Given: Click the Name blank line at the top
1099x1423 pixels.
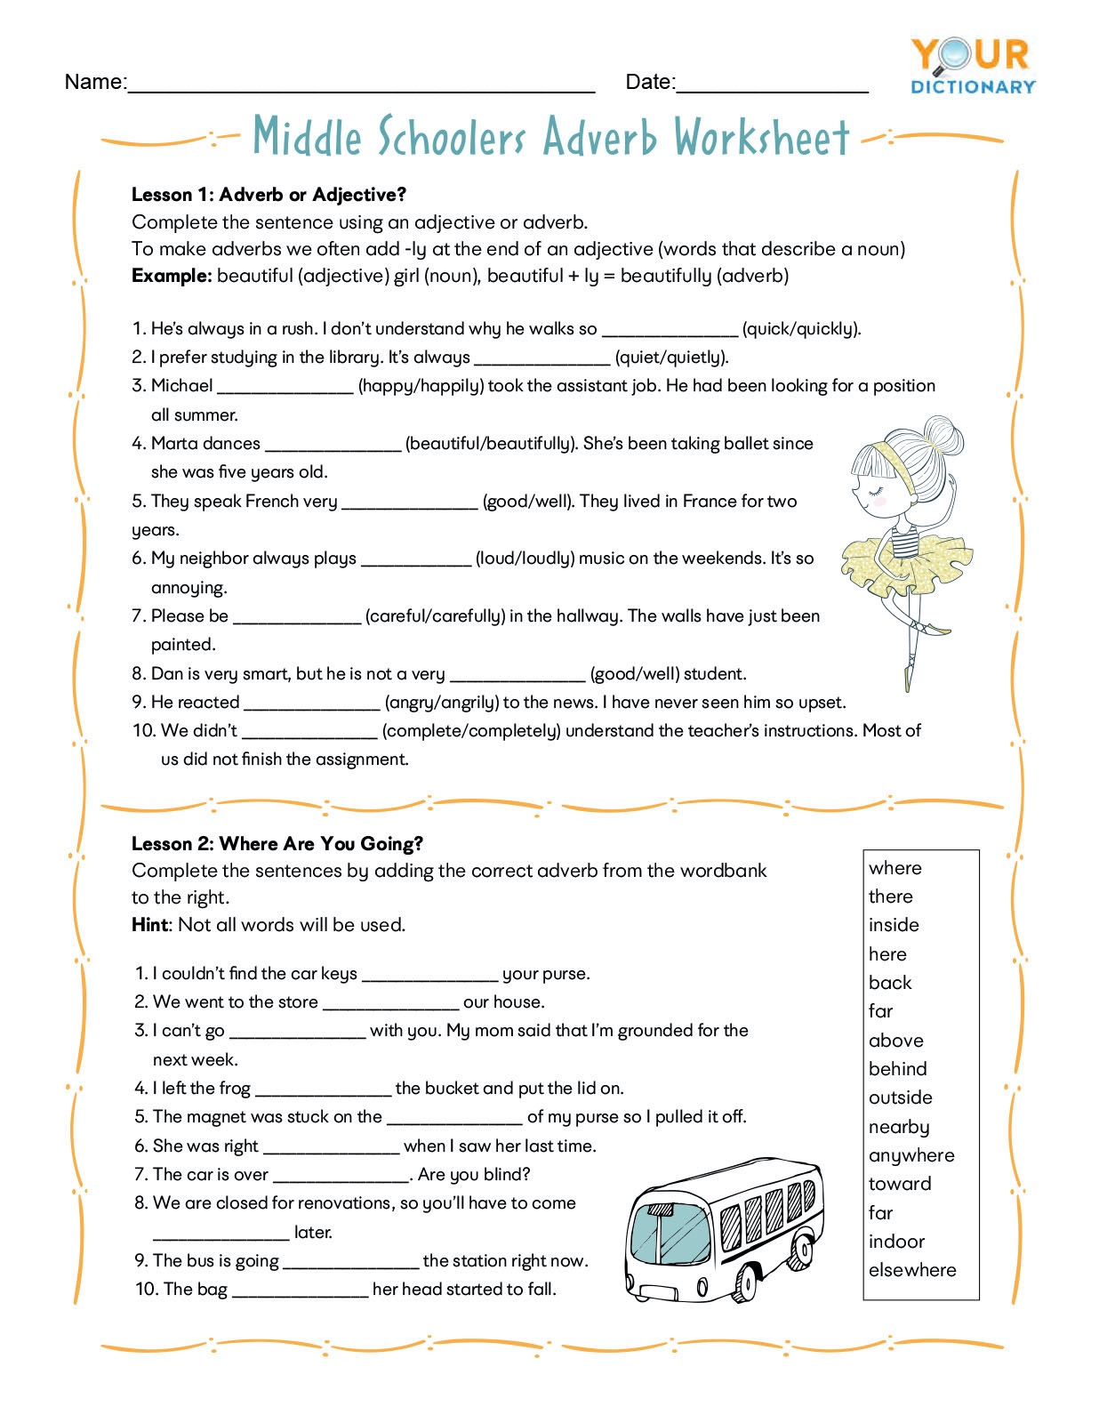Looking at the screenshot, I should (361, 89).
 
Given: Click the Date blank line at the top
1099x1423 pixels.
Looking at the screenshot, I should (772, 89).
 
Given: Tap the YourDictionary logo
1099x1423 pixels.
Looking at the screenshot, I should (973, 66).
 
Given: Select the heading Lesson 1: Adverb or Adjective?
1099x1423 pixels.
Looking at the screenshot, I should (269, 195).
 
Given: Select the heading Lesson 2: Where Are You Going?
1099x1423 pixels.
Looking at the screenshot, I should (277, 843).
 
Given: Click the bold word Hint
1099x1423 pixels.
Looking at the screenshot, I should (149, 925).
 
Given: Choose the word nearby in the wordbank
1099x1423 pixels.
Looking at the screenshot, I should (899, 1127).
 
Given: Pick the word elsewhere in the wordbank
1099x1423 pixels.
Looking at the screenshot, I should (912, 1270).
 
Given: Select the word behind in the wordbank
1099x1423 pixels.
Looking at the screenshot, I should (897, 1069).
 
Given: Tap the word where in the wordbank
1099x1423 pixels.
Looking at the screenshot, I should (895, 868).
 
